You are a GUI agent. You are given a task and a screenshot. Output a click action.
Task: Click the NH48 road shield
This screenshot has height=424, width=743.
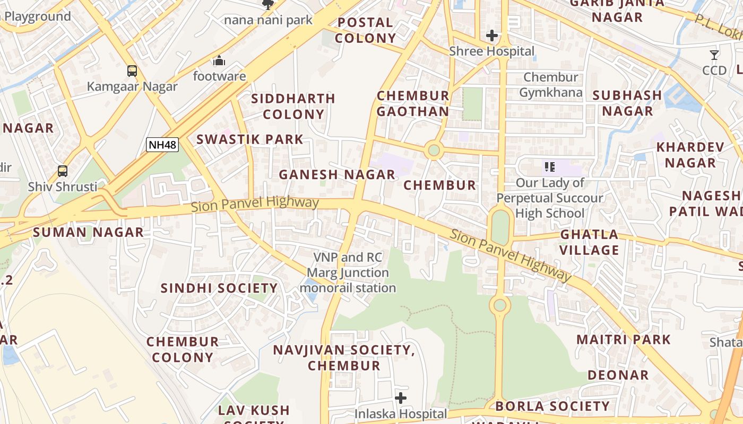point(162,144)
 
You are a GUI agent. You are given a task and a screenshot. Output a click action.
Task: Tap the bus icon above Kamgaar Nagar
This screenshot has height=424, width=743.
point(132,70)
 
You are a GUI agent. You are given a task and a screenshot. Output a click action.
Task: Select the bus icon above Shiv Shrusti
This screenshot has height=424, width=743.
point(63,171)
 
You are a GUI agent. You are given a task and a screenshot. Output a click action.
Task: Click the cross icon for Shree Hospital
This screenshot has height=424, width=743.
point(492,36)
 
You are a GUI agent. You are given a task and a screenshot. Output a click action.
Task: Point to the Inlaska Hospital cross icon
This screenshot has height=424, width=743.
point(401,397)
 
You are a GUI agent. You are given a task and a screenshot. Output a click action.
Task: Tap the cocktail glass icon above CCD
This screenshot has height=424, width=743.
point(714,55)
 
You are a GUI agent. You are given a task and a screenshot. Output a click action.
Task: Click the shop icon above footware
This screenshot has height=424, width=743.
point(219,60)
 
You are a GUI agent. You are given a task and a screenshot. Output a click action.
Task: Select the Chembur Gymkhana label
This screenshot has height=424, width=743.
point(550,85)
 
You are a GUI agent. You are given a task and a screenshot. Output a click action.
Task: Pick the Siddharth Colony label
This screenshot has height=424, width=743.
point(293,107)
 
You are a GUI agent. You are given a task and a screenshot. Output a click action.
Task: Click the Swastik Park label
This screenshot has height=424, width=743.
point(250,139)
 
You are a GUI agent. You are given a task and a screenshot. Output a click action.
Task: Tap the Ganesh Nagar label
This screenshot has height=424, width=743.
point(337,174)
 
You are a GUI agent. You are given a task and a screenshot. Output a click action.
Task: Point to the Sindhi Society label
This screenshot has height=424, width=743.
point(219,288)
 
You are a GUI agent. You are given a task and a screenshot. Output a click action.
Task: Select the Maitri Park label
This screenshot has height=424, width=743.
point(624,339)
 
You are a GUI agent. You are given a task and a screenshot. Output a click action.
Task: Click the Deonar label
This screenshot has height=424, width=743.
point(618,375)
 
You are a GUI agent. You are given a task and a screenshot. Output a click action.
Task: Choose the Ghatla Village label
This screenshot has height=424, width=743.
point(590,242)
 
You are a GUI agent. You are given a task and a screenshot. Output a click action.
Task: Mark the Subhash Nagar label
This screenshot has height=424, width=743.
point(627,103)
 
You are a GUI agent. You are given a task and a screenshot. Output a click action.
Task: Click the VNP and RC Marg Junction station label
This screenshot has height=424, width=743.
point(348,272)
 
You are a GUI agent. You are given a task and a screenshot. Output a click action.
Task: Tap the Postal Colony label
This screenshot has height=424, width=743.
point(365,30)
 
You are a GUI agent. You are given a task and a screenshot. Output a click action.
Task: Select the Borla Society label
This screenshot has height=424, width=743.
point(552,407)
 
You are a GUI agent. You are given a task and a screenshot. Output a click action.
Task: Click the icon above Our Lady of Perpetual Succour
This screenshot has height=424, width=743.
point(549,167)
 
